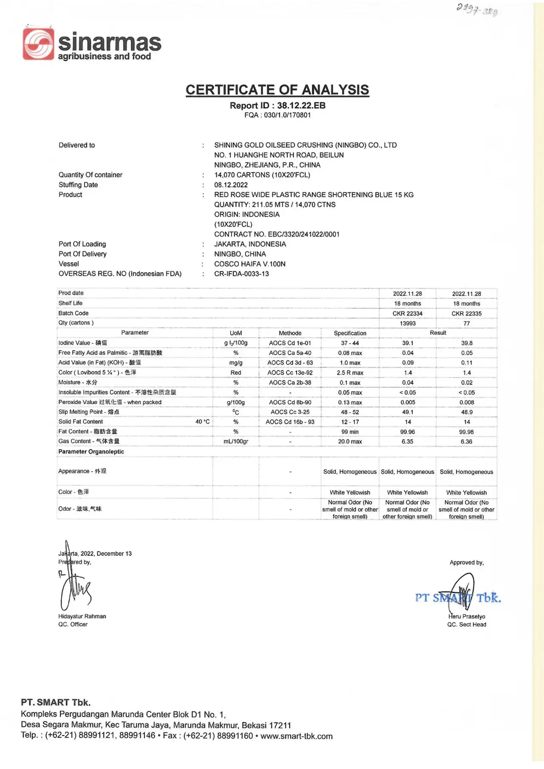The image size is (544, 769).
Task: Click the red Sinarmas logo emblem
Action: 38,44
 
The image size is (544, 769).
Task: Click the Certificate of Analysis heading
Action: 277,90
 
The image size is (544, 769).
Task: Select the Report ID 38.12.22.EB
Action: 278,105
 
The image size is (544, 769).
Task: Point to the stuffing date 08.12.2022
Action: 231,185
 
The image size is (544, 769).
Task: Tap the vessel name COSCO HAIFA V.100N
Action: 249,264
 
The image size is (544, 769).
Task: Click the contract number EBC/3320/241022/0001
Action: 277,234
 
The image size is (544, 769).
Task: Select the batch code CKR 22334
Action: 407,314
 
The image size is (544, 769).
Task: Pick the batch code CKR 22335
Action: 466,314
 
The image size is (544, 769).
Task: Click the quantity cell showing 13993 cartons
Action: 407,323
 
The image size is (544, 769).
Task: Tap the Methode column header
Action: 290,333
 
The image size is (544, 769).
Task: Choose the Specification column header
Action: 350,333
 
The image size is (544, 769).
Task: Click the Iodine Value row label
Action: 82,343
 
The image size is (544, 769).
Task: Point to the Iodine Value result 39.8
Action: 466,343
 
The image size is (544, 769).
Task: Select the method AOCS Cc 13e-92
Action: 290,373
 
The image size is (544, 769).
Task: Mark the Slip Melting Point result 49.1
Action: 407,412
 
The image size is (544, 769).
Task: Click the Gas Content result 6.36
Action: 466,441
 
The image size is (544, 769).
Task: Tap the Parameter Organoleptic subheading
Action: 91,452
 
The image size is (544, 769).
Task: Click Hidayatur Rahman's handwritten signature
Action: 74,588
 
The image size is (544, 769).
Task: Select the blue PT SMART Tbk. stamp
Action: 458,598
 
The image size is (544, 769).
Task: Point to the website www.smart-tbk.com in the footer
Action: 296,736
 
